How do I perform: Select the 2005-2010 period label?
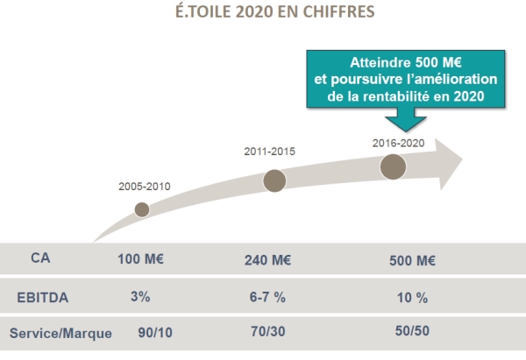coord(144,187)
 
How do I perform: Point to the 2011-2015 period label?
coord(269,152)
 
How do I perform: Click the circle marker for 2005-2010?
coord(142,208)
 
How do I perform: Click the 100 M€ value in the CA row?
coord(140,260)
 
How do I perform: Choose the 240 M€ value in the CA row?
coord(269,261)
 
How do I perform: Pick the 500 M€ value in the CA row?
coord(412,261)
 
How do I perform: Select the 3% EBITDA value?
coord(140,296)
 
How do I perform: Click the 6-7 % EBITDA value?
coord(268,297)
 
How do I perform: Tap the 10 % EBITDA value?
coord(410,298)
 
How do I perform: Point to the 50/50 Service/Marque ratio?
coord(410,333)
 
